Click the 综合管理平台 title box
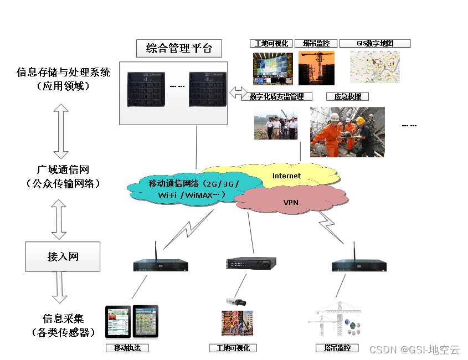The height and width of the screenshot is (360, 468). coord(179,48)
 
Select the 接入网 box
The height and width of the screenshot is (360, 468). coord(63,256)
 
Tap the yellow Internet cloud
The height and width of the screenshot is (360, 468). coord(286,176)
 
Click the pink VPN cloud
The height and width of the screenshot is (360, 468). coord(291,202)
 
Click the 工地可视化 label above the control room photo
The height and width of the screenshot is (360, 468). coord(270,43)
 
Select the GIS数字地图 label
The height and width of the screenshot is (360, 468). coord(374,43)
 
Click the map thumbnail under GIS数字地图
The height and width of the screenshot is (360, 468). coord(374,67)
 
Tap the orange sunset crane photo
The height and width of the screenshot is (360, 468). coord(316,67)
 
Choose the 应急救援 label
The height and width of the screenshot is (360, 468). coord(347,96)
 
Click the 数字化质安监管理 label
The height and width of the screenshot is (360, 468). coord(276,96)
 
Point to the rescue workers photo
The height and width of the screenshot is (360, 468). coord(347,132)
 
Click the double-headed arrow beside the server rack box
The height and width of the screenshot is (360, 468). coord(239,93)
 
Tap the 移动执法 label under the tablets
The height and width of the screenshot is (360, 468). coord(127,348)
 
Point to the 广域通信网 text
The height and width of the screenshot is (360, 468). coord(63,169)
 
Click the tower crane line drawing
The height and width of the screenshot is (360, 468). coord(328,321)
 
